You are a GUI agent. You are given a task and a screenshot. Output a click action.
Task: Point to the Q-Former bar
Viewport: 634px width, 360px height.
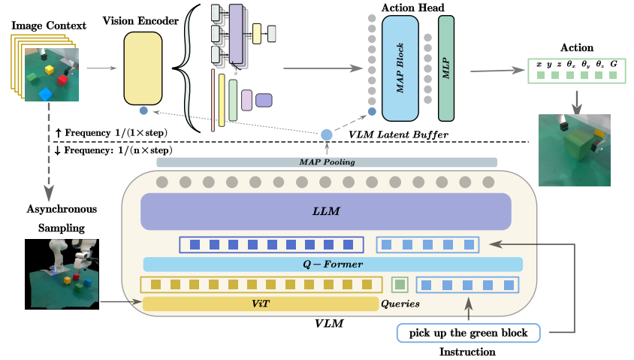(x=333, y=264)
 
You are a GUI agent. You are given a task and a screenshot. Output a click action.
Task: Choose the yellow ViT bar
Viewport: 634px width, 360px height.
(x=260, y=304)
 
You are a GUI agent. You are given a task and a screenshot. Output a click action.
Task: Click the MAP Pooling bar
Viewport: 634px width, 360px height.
(x=327, y=162)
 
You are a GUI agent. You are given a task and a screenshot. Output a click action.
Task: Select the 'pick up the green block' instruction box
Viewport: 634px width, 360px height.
(x=472, y=332)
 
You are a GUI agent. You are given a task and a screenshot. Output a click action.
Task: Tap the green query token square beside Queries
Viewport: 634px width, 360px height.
(x=400, y=284)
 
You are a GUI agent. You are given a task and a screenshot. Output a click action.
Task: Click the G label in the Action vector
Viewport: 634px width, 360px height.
(x=614, y=65)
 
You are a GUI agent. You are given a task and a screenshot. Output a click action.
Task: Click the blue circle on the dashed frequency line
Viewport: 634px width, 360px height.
(x=327, y=135)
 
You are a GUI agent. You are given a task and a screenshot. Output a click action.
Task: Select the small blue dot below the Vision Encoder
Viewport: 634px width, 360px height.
(x=143, y=111)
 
